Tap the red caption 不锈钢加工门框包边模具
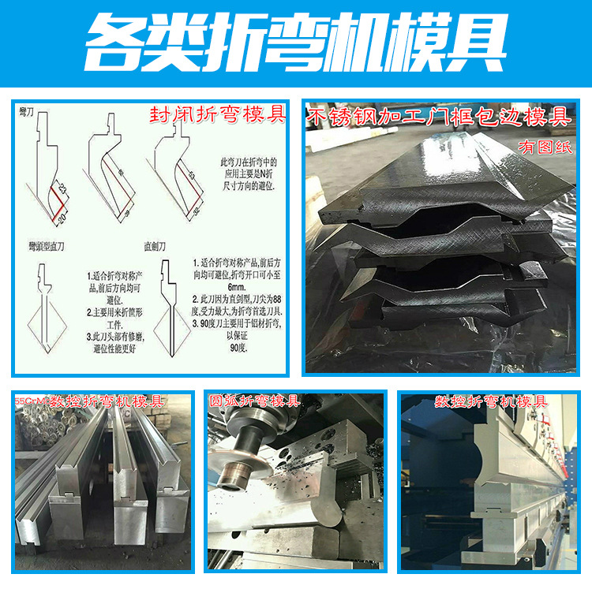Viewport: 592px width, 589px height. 439,117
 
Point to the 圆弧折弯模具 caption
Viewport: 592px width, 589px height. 253,401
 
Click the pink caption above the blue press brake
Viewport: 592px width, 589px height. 490,401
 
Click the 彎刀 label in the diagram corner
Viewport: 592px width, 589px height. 27,114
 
